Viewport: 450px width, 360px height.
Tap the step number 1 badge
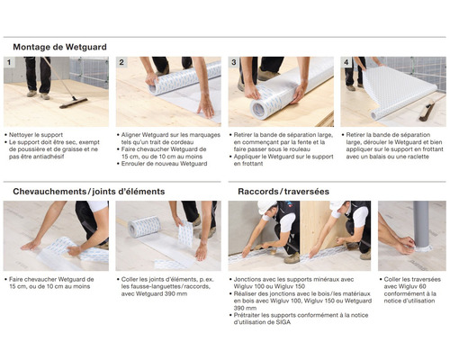coord(9,63)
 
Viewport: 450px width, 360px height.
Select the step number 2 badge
coord(121,63)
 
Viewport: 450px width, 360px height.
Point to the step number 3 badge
coord(234,63)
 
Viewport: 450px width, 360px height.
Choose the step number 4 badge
coord(346,63)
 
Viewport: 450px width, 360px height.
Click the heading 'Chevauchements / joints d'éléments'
coord(88,192)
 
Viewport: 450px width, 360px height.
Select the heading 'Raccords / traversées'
coord(284,192)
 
